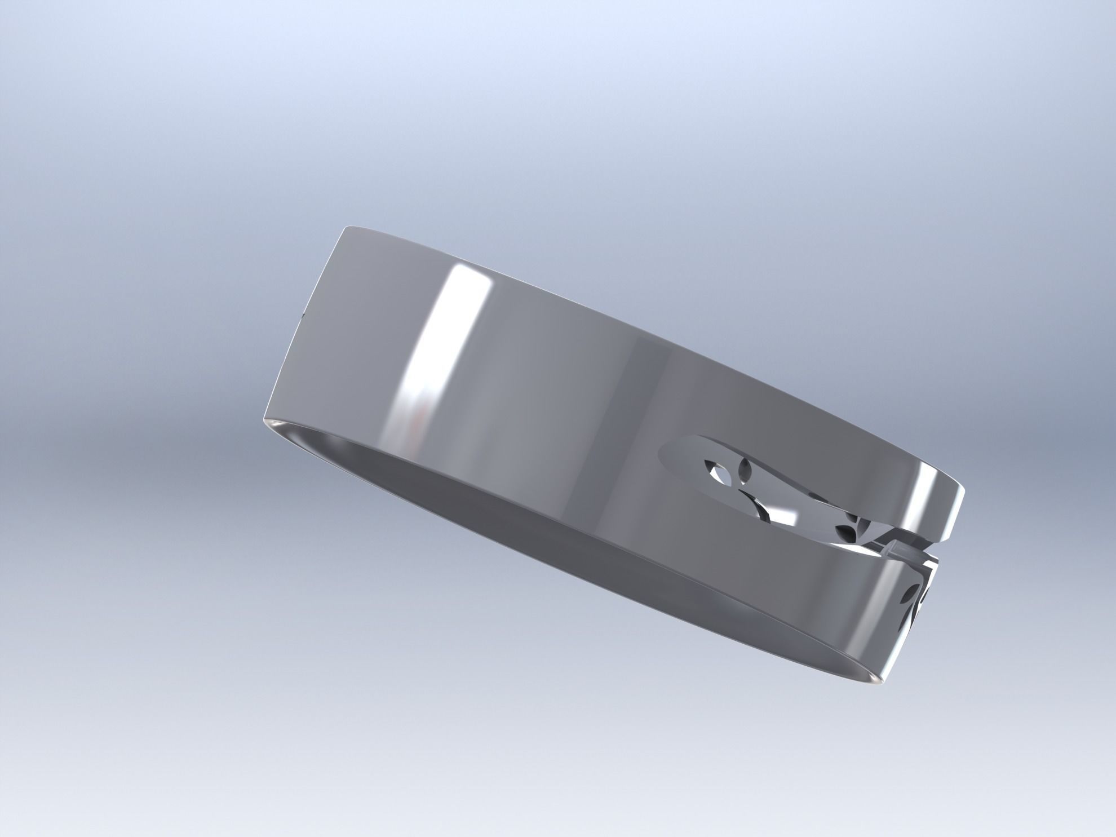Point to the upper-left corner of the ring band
[x=345, y=228]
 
